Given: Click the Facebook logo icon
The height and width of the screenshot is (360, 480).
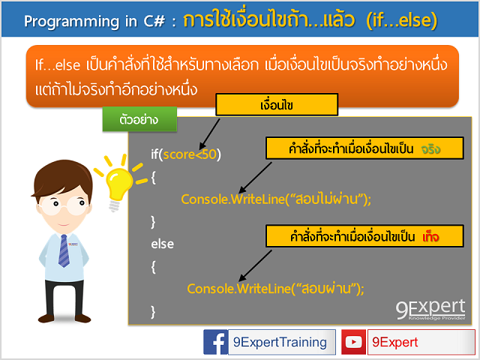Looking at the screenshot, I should pyautogui.click(x=217, y=343).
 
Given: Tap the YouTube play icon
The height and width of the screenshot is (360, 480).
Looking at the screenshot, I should pyautogui.click(x=355, y=343).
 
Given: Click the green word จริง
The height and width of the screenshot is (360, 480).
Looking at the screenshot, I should pyautogui.click(x=430, y=148).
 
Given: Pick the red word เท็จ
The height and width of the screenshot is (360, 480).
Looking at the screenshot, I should pyautogui.click(x=430, y=237).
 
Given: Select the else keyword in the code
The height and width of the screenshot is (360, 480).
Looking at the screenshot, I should pyautogui.click(x=162, y=243).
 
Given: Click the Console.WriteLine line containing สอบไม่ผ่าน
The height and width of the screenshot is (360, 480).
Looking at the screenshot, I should pyautogui.click(x=276, y=199).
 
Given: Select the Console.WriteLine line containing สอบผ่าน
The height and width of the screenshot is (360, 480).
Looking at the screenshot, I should pyautogui.click(x=275, y=288).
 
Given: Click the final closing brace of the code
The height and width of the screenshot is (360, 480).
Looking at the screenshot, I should pyautogui.click(x=153, y=310).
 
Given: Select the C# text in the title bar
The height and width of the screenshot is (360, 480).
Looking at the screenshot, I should pyautogui.click(x=148, y=20).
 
